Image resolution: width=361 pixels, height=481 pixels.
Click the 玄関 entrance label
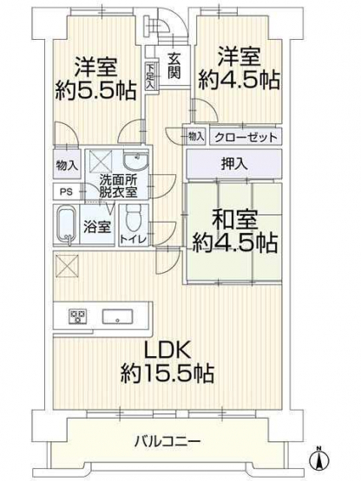click(174, 65)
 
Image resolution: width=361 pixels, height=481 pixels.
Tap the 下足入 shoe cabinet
click(149, 76)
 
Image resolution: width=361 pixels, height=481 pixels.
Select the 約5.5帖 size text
click(95, 90)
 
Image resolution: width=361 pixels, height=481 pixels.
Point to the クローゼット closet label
click(246, 137)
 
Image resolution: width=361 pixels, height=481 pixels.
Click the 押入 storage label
click(234, 164)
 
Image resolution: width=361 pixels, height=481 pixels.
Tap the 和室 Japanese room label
click(234, 219)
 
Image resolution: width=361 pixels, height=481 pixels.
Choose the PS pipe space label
click(66, 192)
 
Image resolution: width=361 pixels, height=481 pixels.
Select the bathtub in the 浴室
click(67, 225)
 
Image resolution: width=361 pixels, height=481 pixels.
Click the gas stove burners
click(78, 316)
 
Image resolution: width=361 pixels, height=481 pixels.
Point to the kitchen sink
click(117, 316)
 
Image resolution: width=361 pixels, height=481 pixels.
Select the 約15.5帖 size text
click(167, 373)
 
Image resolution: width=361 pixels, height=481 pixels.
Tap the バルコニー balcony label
click(167, 442)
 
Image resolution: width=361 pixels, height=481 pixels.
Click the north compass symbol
click(319, 458)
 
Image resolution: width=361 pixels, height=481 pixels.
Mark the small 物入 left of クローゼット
click(196, 136)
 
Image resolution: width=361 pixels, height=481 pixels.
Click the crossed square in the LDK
click(68, 266)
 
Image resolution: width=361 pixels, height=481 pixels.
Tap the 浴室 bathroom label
click(97, 227)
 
